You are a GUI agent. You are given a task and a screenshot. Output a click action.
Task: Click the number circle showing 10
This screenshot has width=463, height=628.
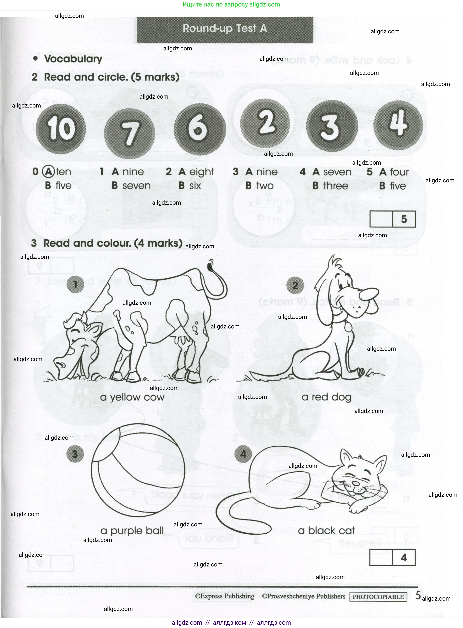tap(61, 129)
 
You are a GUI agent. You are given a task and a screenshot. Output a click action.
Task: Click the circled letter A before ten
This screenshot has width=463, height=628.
tap(48, 172)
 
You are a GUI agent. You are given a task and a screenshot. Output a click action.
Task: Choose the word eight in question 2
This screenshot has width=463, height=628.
tap(202, 172)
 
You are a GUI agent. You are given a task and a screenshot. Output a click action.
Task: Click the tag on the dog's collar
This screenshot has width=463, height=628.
tap(348, 327)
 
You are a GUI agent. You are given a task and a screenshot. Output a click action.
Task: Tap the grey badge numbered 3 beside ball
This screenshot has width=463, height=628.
tap(75, 454)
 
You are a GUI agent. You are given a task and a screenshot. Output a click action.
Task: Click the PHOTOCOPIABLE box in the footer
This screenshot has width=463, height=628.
tap(378, 597)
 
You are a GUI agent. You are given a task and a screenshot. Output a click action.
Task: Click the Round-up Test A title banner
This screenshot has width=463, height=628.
tap(225, 29)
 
